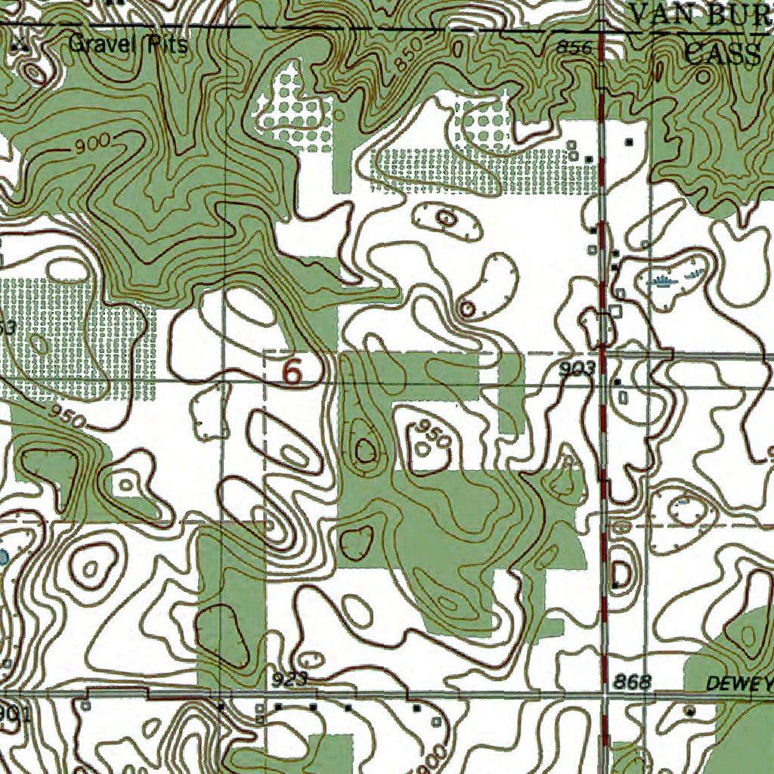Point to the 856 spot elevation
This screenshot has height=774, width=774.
[573, 48]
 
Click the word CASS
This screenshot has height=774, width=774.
[722, 54]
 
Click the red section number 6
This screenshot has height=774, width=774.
[292, 372]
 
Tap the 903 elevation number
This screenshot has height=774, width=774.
[578, 369]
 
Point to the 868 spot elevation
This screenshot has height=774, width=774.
[632, 683]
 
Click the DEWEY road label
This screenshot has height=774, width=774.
[739, 684]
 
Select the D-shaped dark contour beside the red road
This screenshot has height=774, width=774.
[621, 573]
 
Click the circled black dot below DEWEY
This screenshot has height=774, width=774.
[689, 711]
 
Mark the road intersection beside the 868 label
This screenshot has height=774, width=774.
[605, 693]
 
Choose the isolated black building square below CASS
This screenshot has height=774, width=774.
[629, 141]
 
